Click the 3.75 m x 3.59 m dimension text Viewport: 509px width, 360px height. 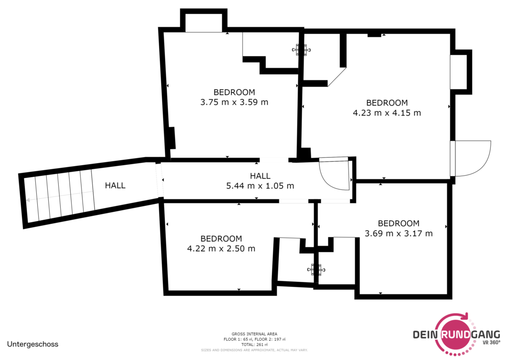(x=234, y=102)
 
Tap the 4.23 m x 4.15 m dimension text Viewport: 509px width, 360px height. (x=387, y=113)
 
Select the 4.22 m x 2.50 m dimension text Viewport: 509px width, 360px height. (x=221, y=249)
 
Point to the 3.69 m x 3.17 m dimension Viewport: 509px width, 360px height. (x=399, y=233)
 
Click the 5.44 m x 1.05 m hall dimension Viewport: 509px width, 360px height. (x=260, y=186)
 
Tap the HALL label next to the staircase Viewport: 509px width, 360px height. (x=115, y=185)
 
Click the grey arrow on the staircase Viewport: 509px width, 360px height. (x=60, y=196)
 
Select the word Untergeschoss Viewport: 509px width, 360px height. (x=33, y=344)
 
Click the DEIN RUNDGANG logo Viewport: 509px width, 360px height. (x=456, y=334)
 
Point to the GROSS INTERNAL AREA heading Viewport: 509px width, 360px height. (x=254, y=334)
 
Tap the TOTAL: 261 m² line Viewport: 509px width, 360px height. (x=254, y=345)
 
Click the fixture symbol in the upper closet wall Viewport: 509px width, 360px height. (x=301, y=50)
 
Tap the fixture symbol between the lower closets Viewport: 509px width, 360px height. (x=316, y=270)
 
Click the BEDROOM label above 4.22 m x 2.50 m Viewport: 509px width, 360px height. (x=221, y=239)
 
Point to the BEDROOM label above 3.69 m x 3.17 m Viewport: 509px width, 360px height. (x=399, y=223)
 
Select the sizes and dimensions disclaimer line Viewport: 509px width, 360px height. (x=254, y=350)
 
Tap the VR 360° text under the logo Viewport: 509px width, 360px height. (x=491, y=343)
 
